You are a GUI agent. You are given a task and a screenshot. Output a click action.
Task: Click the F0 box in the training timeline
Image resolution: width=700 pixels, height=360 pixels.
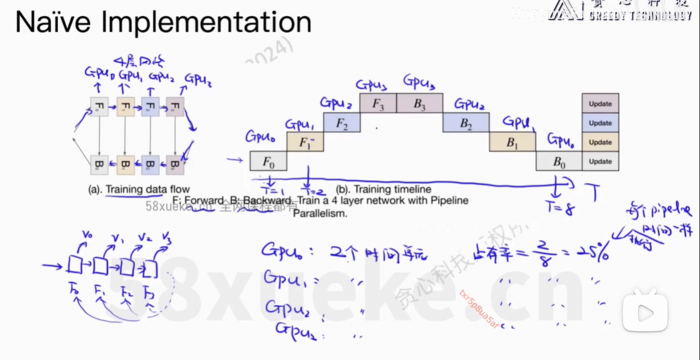coord(268,161)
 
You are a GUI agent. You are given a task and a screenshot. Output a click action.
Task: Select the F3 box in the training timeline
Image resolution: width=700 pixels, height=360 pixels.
coord(378,103)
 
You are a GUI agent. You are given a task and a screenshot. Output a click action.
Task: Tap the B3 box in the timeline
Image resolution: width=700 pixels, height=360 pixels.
coord(420,103)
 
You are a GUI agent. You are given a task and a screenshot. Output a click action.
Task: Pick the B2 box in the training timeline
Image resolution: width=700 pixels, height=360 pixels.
coord(466,123)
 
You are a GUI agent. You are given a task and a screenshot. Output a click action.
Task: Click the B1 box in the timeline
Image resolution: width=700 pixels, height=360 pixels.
coord(512,142)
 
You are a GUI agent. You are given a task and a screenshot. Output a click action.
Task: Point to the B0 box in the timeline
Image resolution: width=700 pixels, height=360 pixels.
coord(558,161)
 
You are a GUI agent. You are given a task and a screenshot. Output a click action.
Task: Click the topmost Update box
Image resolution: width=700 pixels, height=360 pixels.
coord(600,103)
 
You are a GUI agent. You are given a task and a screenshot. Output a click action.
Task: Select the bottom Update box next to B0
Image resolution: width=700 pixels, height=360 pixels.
coord(600,161)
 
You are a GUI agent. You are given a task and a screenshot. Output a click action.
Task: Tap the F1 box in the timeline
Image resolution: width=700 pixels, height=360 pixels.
coord(305,142)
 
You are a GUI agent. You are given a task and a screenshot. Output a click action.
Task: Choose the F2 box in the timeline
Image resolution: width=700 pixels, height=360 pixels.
coord(341,123)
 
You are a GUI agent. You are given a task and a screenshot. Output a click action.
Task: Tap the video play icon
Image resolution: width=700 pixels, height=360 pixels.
coord(645,312)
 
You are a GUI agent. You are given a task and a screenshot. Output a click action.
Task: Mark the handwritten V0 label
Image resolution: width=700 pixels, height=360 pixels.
coord(86,236)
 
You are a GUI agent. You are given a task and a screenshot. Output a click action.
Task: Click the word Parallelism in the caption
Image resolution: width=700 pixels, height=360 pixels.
coord(320,213)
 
